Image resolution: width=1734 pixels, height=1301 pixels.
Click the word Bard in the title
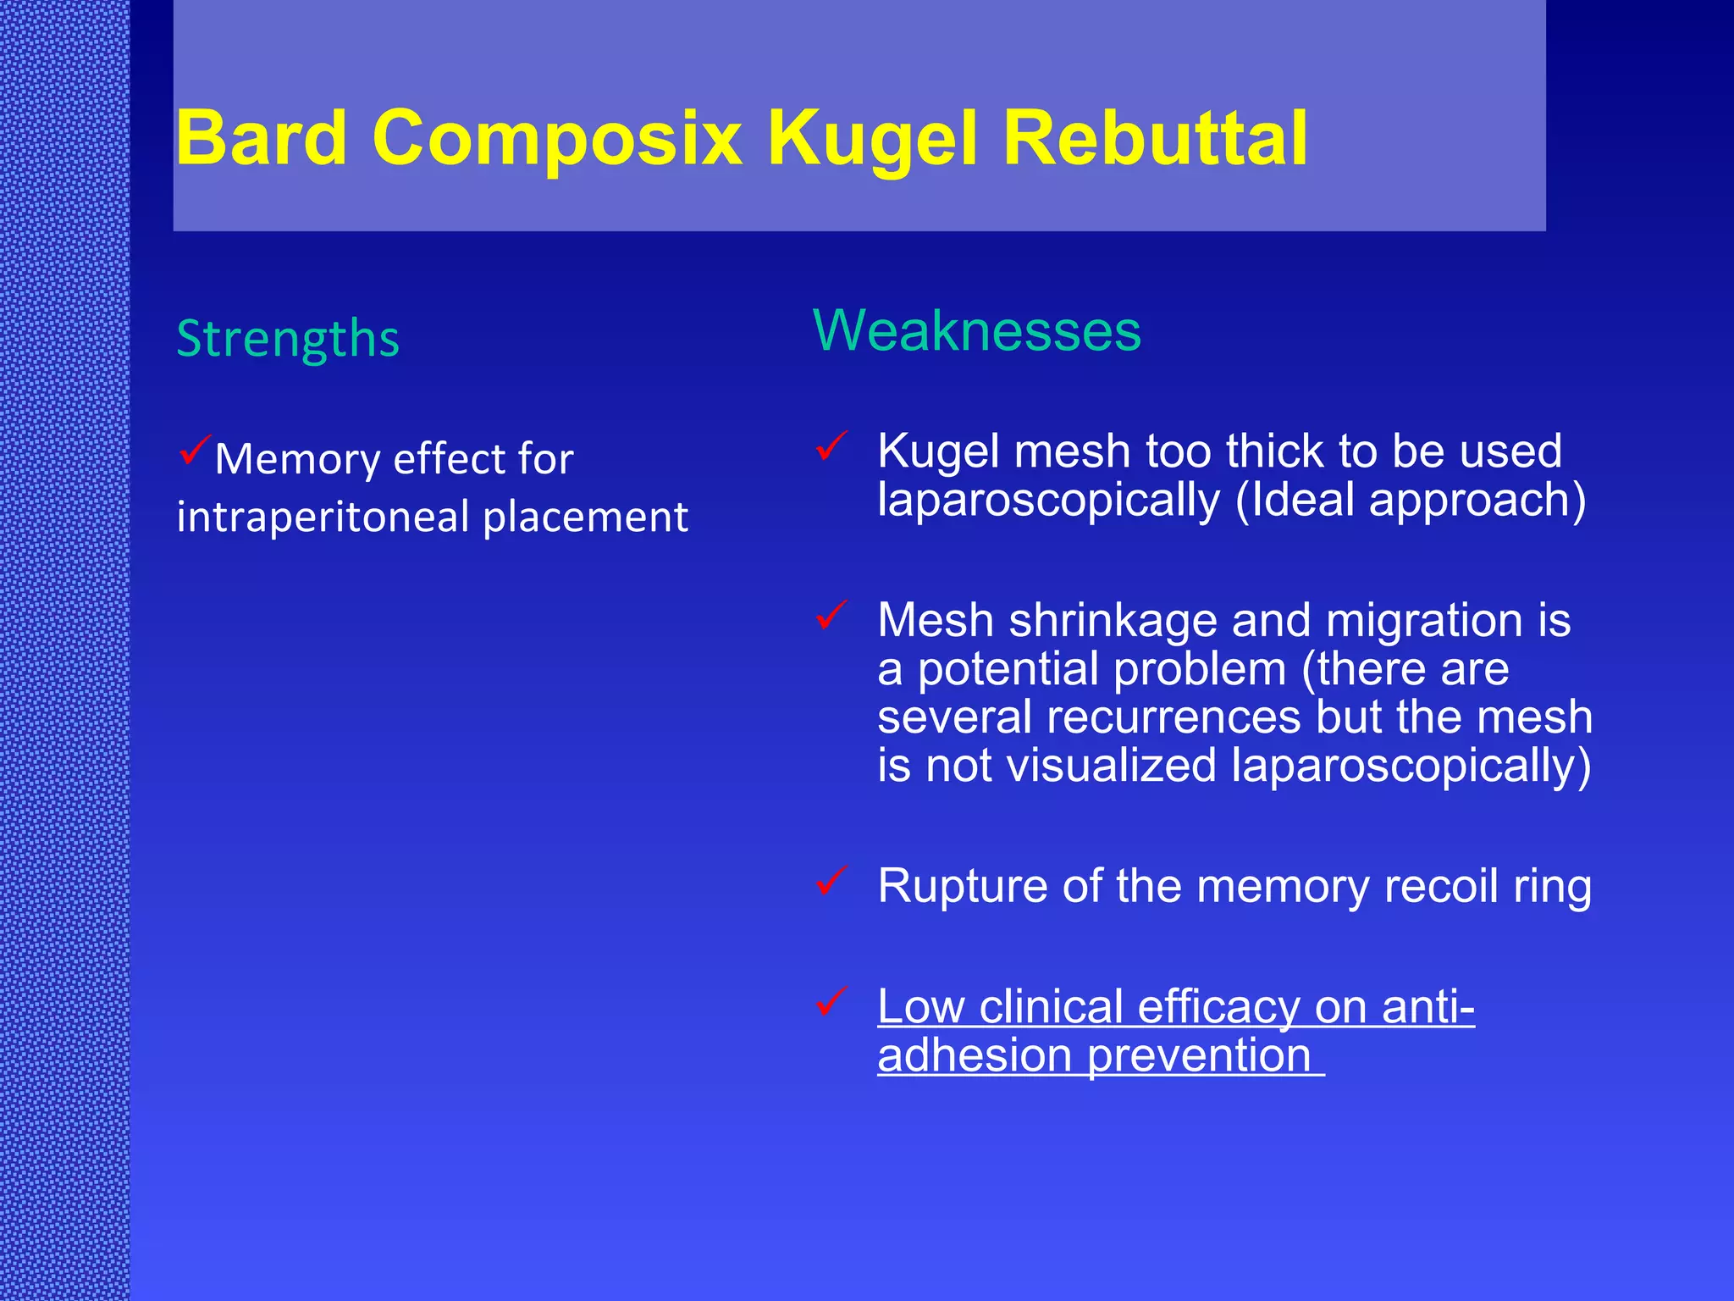(x=262, y=138)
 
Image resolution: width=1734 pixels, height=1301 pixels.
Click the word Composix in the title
(x=556, y=138)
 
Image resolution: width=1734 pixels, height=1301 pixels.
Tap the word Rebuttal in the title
(x=1155, y=138)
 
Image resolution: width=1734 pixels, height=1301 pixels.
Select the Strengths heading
(x=288, y=340)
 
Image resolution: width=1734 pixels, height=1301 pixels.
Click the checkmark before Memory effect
(x=195, y=449)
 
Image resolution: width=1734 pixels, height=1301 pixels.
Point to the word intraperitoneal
(x=324, y=517)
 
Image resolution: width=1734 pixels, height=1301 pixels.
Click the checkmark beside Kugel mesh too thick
(x=832, y=446)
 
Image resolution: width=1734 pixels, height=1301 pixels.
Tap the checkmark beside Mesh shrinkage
(x=832, y=615)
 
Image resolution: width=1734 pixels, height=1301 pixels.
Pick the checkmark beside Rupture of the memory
(x=832, y=881)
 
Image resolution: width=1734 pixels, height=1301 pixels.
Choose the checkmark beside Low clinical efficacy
(x=832, y=1002)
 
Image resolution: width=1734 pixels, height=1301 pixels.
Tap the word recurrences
(x=1173, y=717)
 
